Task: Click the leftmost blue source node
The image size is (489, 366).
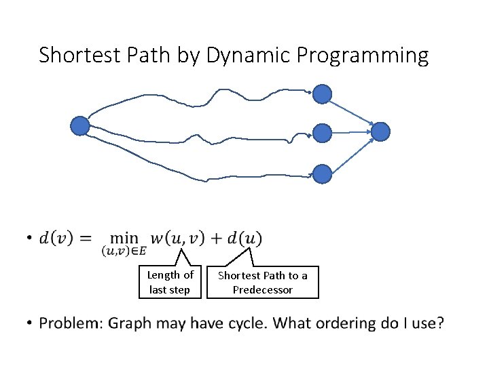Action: pyautogui.click(x=80, y=125)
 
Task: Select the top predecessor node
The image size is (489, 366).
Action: pyautogui.click(x=322, y=94)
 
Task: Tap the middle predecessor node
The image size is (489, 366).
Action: pyautogui.click(x=322, y=134)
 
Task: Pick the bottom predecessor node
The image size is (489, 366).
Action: pyautogui.click(x=322, y=174)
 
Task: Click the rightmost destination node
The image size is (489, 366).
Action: pyautogui.click(x=380, y=131)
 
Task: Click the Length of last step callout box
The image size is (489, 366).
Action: pyautogui.click(x=170, y=282)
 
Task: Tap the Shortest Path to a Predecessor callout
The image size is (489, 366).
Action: pyautogui.click(x=262, y=282)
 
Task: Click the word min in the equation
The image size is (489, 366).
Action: pyautogui.click(x=124, y=238)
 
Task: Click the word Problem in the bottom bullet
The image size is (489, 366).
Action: pyautogui.click(x=71, y=323)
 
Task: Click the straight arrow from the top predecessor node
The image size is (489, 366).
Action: pyautogui.click(x=351, y=112)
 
